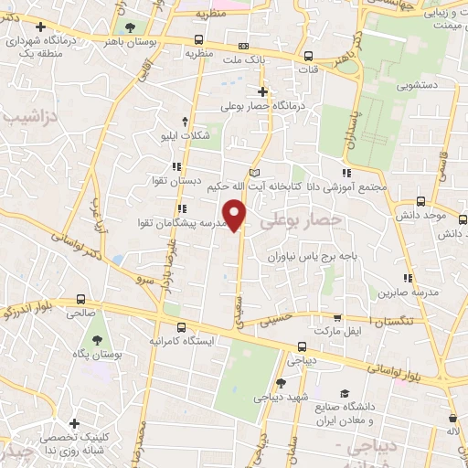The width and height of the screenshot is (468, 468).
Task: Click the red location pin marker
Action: [236, 216]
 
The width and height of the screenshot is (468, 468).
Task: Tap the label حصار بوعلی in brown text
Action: [301, 220]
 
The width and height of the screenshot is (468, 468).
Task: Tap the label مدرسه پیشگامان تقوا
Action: [177, 223]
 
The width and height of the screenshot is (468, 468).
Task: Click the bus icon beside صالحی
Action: [80, 298]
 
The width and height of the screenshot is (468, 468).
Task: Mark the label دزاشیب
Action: [27, 117]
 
